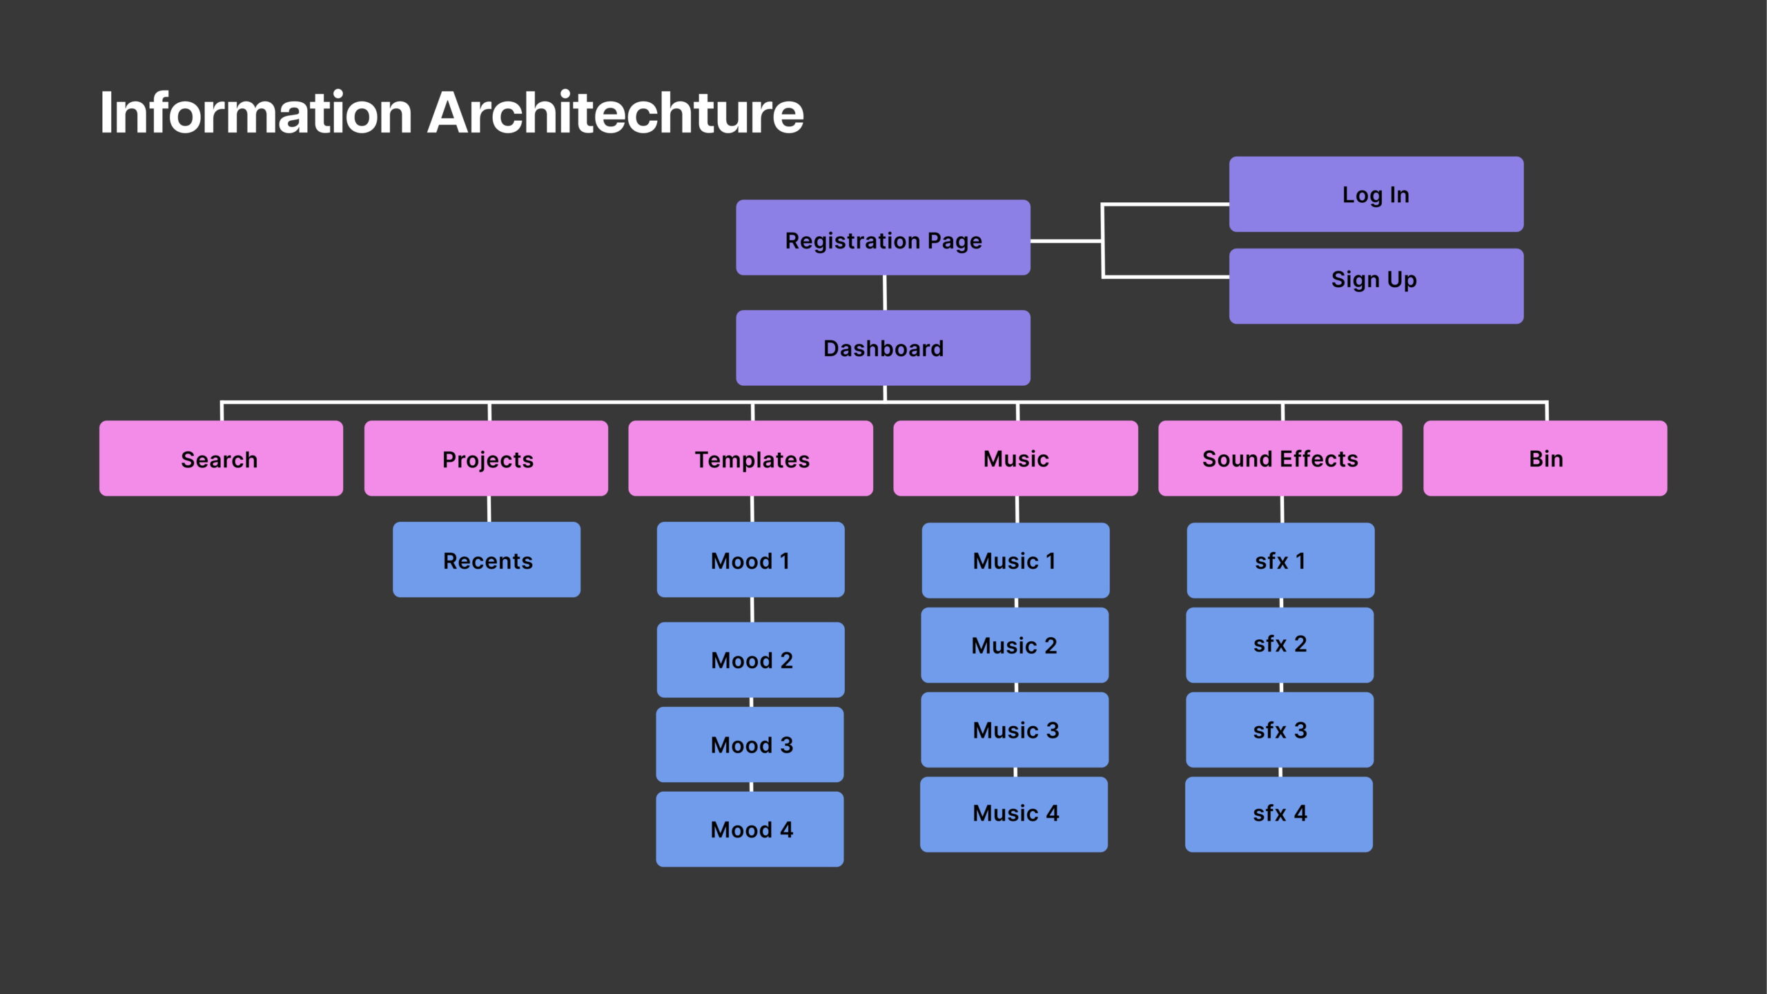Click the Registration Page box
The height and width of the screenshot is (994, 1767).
pyautogui.click(x=883, y=237)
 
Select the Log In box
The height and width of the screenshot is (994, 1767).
pyautogui.click(x=1376, y=194)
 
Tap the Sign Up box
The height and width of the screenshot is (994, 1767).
pyautogui.click(x=1376, y=286)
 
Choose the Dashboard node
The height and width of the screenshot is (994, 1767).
pyautogui.click(x=883, y=348)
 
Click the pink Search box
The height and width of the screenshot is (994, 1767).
pyautogui.click(x=221, y=458)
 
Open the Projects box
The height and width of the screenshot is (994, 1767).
pyautogui.click(x=486, y=458)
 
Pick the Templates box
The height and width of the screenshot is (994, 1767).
pyautogui.click(x=750, y=458)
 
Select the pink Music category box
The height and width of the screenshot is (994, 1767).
pyautogui.click(x=1015, y=458)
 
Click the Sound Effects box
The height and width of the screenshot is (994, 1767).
pyautogui.click(x=1280, y=458)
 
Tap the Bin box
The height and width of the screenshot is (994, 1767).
pyautogui.click(x=1545, y=458)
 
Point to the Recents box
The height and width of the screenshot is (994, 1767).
pyautogui.click(x=487, y=560)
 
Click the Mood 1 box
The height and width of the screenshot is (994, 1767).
pyautogui.click(x=750, y=560)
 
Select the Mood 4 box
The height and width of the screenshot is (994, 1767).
pyautogui.click(x=750, y=829)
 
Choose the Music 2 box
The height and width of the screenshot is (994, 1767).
pyautogui.click(x=1015, y=645)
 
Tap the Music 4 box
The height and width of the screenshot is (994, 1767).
pyautogui.click(x=1014, y=815)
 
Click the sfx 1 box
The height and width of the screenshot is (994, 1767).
pyautogui.click(x=1280, y=561)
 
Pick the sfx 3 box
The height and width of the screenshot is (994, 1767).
pyautogui.click(x=1280, y=730)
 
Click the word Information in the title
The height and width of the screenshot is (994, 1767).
pyautogui.click(x=256, y=113)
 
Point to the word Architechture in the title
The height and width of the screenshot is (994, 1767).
pyautogui.click(x=616, y=113)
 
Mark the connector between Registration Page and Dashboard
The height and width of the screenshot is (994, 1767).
pyautogui.click(x=885, y=293)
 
